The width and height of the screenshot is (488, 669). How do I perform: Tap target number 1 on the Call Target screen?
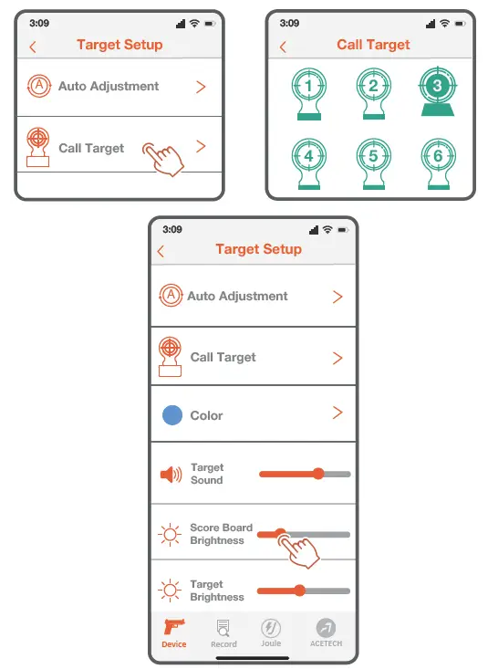[x=308, y=89]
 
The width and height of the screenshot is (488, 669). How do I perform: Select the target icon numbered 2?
[x=372, y=89]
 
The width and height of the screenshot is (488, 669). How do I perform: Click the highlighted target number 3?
[x=436, y=88]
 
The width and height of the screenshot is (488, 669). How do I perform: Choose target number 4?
[x=308, y=157]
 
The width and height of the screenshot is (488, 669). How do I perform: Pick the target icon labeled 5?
[x=372, y=157]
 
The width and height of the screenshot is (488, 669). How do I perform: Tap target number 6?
[x=436, y=157]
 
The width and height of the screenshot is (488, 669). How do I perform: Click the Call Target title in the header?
[x=373, y=45]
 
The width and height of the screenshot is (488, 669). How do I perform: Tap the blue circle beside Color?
[x=171, y=415]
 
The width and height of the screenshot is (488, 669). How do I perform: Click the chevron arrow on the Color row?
[x=337, y=413]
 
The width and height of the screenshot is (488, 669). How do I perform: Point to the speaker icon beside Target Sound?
[x=171, y=475]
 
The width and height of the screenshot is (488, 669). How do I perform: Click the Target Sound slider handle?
[x=318, y=474]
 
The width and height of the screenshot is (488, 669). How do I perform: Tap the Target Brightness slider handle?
[x=299, y=591]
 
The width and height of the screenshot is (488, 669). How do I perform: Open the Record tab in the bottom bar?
[x=223, y=632]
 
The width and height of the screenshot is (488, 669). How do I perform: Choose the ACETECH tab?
[x=325, y=632]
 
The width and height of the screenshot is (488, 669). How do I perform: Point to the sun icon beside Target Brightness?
[x=170, y=591]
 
